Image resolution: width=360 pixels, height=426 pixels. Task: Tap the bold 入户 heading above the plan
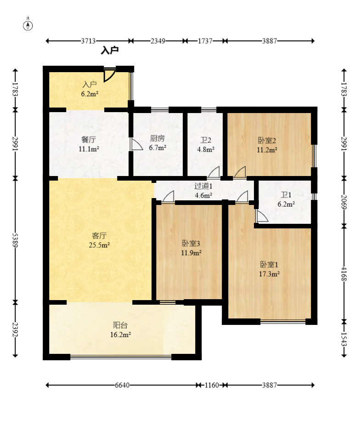tap(110, 50)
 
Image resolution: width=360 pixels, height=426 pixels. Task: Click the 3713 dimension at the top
tap(88, 41)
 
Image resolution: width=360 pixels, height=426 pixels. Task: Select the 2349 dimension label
tap(158, 41)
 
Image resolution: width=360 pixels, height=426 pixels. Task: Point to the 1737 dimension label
tap(205, 41)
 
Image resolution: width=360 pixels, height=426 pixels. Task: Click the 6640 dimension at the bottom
tap(122, 385)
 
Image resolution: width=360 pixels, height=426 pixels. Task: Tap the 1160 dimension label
tap(212, 385)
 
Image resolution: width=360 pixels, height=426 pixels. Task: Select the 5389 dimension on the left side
tap(15, 240)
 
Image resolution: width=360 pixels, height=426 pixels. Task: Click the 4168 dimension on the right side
tap(344, 274)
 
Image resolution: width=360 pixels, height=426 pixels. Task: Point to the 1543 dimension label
tap(344, 339)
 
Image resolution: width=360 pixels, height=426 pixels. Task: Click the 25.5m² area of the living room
tap(99, 245)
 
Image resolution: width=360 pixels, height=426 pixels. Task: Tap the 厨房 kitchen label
tap(157, 139)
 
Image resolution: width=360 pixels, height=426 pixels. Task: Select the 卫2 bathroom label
tap(206, 140)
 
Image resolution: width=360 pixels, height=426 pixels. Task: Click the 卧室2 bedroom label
tap(267, 141)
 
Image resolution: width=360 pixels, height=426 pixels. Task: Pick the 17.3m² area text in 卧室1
tap(270, 274)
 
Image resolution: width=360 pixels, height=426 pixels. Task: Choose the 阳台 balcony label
tap(120, 325)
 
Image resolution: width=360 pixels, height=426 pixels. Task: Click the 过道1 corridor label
tap(203, 186)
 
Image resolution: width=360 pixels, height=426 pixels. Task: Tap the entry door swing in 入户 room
tap(109, 75)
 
